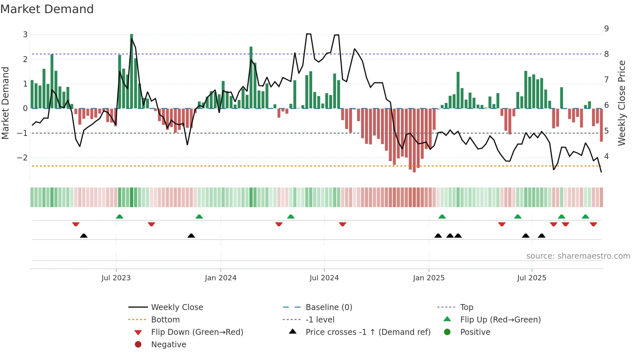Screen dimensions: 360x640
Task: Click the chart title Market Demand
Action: point(47,9)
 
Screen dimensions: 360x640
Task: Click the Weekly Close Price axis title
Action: point(622,103)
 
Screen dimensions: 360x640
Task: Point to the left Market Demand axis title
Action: point(5,103)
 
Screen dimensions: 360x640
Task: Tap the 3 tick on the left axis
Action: point(25,35)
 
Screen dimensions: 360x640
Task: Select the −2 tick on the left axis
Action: point(23,158)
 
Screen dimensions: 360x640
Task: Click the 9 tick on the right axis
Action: point(606,29)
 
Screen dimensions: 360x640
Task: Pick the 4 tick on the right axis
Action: point(606,156)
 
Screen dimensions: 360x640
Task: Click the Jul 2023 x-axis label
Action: point(116,278)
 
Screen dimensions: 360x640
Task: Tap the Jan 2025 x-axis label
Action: point(428,278)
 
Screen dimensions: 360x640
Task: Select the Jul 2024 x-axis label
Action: point(324,278)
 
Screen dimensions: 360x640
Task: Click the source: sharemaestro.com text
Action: point(578,256)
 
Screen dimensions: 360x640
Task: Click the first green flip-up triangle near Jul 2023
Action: point(120,217)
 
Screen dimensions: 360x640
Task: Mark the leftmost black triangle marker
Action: point(84,236)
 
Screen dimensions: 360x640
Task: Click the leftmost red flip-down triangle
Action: point(76,224)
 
